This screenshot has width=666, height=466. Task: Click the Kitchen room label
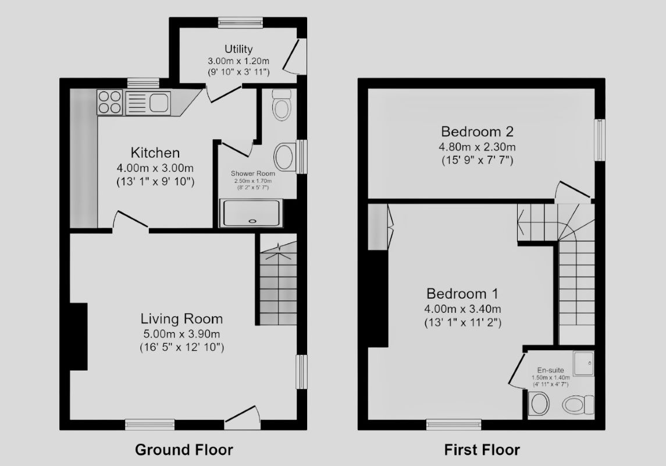[x=155, y=153]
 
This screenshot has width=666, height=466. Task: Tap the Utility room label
[x=238, y=49]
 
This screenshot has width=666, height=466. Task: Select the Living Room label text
[x=182, y=319]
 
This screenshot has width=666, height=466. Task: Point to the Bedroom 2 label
[x=478, y=132]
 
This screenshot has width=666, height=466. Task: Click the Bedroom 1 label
[x=462, y=294]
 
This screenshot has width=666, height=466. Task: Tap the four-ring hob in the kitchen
[x=109, y=103]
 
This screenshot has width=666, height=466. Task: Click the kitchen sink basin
[x=159, y=103]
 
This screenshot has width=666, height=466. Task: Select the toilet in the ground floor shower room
[x=281, y=105]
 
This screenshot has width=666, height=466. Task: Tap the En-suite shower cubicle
[x=583, y=363]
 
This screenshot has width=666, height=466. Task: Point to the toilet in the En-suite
[x=578, y=404]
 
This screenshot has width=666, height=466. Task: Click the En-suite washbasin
[x=539, y=404]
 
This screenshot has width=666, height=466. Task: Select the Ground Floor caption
[x=184, y=450]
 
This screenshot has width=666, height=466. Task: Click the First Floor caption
[x=482, y=450]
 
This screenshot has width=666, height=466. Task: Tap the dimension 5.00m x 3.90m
[x=182, y=334]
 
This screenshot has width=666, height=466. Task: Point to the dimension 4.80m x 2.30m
[x=478, y=147]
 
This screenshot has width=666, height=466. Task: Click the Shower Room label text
[x=252, y=174]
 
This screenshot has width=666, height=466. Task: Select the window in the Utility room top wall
[x=240, y=23]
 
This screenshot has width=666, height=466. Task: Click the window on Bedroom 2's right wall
[x=600, y=140]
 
